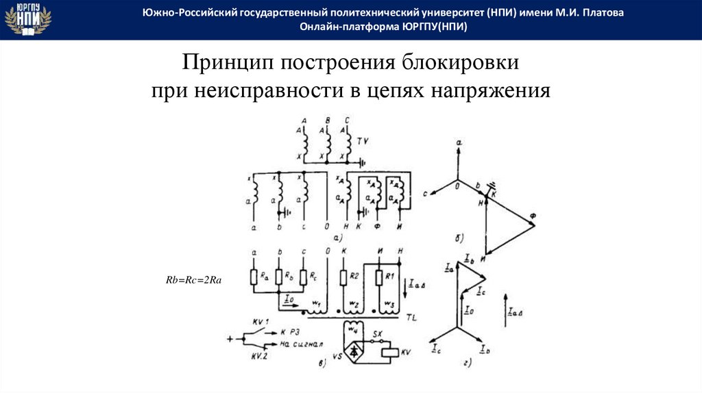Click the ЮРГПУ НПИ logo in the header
click(27, 19)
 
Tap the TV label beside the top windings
click(363, 140)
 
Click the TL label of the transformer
click(411, 318)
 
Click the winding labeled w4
click(354, 329)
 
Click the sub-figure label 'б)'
click(459, 238)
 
